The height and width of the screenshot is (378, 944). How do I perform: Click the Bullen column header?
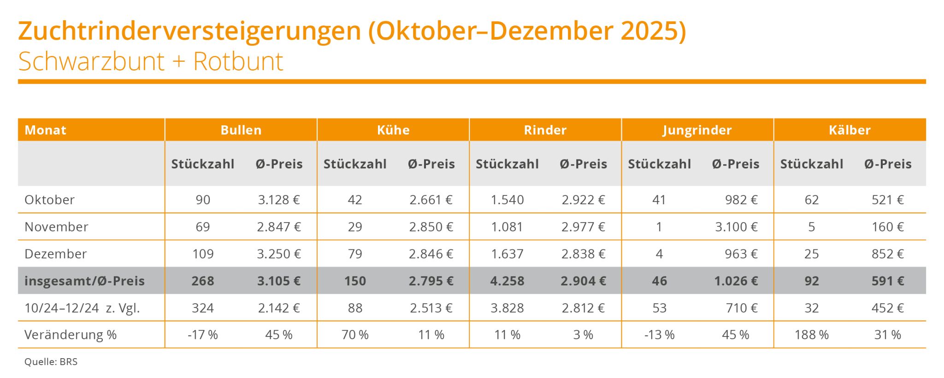tap(241, 130)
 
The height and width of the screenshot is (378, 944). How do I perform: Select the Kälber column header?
tap(850, 130)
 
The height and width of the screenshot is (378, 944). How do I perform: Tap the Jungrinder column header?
tap(697, 130)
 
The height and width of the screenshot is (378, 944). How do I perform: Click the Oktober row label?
tap(49, 200)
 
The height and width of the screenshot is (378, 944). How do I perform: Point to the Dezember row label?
tap(55, 254)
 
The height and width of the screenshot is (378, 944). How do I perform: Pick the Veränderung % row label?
tap(70, 335)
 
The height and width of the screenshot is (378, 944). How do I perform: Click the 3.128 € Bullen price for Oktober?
tap(279, 200)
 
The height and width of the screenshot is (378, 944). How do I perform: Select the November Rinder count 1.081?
tap(507, 227)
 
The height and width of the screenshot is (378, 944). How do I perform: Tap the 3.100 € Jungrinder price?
tap(736, 227)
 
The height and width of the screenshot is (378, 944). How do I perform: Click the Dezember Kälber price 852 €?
tap(888, 254)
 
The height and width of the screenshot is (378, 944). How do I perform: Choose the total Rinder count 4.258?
tap(507, 281)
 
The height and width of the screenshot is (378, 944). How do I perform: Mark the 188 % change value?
tap(811, 335)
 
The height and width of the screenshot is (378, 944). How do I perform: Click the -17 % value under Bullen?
tap(203, 335)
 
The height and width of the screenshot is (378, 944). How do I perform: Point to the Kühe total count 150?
tap(355, 281)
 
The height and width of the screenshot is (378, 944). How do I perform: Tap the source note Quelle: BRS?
tap(51, 362)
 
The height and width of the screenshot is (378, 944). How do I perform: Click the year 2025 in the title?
tap(649, 31)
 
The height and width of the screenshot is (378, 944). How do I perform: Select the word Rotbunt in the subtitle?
tap(238, 62)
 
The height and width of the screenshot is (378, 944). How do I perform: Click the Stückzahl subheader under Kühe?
tap(355, 164)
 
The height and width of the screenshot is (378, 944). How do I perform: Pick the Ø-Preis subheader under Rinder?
tap(584, 164)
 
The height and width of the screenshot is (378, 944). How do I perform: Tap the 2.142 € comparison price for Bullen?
tap(279, 308)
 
